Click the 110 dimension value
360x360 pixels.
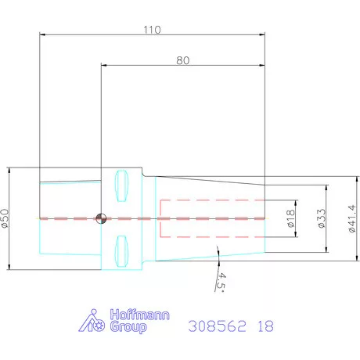[x=153, y=30]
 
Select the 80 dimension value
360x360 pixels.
[x=183, y=60]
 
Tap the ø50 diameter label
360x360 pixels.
[x=5, y=218]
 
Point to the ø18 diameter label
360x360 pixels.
[x=290, y=218]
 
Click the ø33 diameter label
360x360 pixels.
[x=322, y=218]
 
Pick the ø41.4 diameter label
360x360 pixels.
[x=352, y=218]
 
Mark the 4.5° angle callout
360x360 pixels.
[x=221, y=283]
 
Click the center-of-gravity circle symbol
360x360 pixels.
[x=101, y=218]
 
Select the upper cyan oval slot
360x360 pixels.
[x=121, y=185]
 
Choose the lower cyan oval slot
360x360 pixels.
[x=121, y=251]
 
